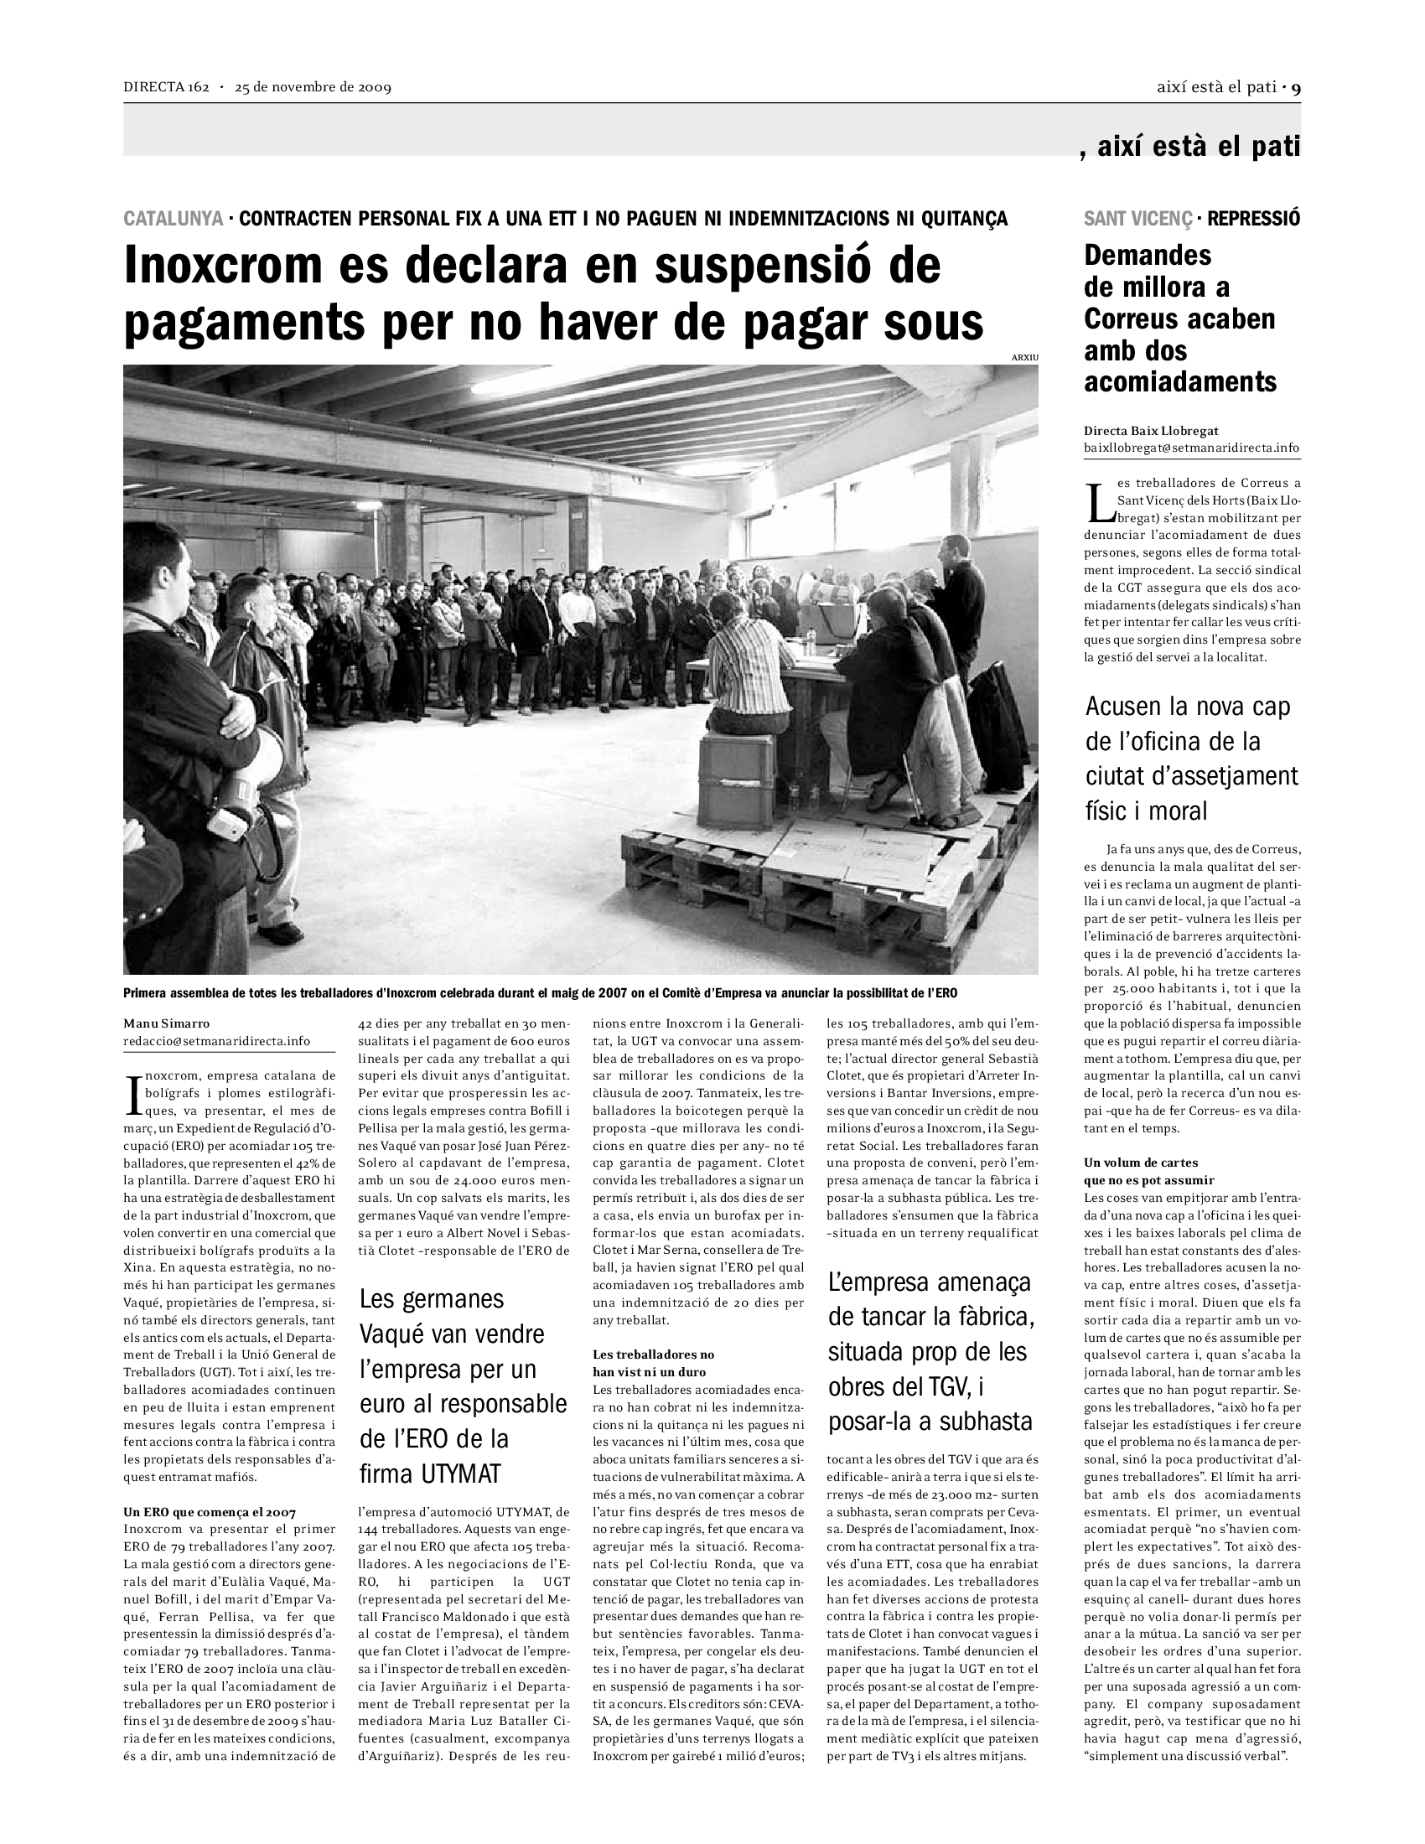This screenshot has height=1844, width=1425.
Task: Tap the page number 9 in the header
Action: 1296,87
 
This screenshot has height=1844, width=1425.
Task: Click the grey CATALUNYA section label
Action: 173,219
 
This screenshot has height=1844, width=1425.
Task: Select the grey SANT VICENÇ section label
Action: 1138,219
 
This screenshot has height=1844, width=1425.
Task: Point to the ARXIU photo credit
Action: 1024,358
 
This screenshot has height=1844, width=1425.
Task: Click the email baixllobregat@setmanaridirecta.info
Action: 1191,448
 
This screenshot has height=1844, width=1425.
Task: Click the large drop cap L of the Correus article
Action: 1098,501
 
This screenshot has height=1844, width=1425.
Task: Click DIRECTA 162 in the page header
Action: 165,87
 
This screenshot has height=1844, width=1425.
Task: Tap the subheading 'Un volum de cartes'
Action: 1141,1163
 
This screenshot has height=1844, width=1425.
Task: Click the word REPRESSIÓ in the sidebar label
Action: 1254,219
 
